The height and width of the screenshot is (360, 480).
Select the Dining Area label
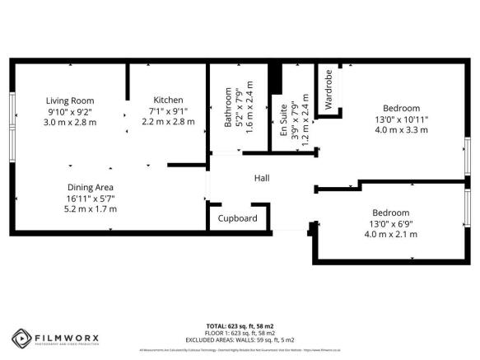coord(91,187)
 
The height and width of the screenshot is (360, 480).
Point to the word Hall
coord(262,178)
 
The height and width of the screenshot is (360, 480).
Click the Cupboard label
coord(238,218)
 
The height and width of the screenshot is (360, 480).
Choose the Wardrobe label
coord(329,91)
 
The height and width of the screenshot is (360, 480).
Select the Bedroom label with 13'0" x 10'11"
coord(402,108)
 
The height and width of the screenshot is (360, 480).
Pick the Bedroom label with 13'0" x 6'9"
coord(389,212)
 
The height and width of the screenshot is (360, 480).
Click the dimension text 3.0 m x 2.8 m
coord(70,122)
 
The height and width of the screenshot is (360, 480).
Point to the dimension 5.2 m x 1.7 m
coord(91,208)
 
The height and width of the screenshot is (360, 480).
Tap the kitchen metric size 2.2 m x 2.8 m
coord(168,121)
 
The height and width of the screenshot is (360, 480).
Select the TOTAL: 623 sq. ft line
coord(239,325)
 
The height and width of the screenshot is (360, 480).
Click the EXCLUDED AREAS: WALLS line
coord(239,339)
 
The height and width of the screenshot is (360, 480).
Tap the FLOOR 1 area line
coord(239,333)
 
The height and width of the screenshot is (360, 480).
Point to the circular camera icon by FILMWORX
coord(21,338)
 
